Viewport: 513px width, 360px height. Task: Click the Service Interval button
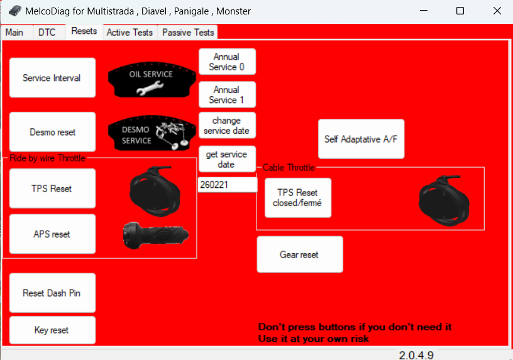pyautogui.click(x=52, y=78)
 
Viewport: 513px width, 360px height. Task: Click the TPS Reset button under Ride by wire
pyautogui.click(x=52, y=188)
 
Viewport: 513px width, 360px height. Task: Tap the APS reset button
pyautogui.click(x=52, y=234)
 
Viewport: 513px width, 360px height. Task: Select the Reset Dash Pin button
pyautogui.click(x=52, y=293)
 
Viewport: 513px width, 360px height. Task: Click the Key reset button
pyautogui.click(x=52, y=330)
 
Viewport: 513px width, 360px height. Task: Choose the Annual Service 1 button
pyautogui.click(x=227, y=95)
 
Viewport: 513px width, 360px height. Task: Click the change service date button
pyautogui.click(x=227, y=126)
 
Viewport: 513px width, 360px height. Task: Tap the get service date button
pyautogui.click(x=227, y=160)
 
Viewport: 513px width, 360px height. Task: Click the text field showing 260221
pyautogui.click(x=227, y=185)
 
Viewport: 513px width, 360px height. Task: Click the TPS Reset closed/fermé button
pyautogui.click(x=297, y=198)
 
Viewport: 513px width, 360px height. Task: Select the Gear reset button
pyautogui.click(x=299, y=254)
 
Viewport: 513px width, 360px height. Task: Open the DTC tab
pyautogui.click(x=47, y=32)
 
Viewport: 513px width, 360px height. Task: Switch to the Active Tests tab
pyautogui.click(x=130, y=32)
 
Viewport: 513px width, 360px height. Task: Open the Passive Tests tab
pyautogui.click(x=188, y=32)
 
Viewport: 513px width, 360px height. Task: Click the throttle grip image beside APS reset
pyautogui.click(x=155, y=234)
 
